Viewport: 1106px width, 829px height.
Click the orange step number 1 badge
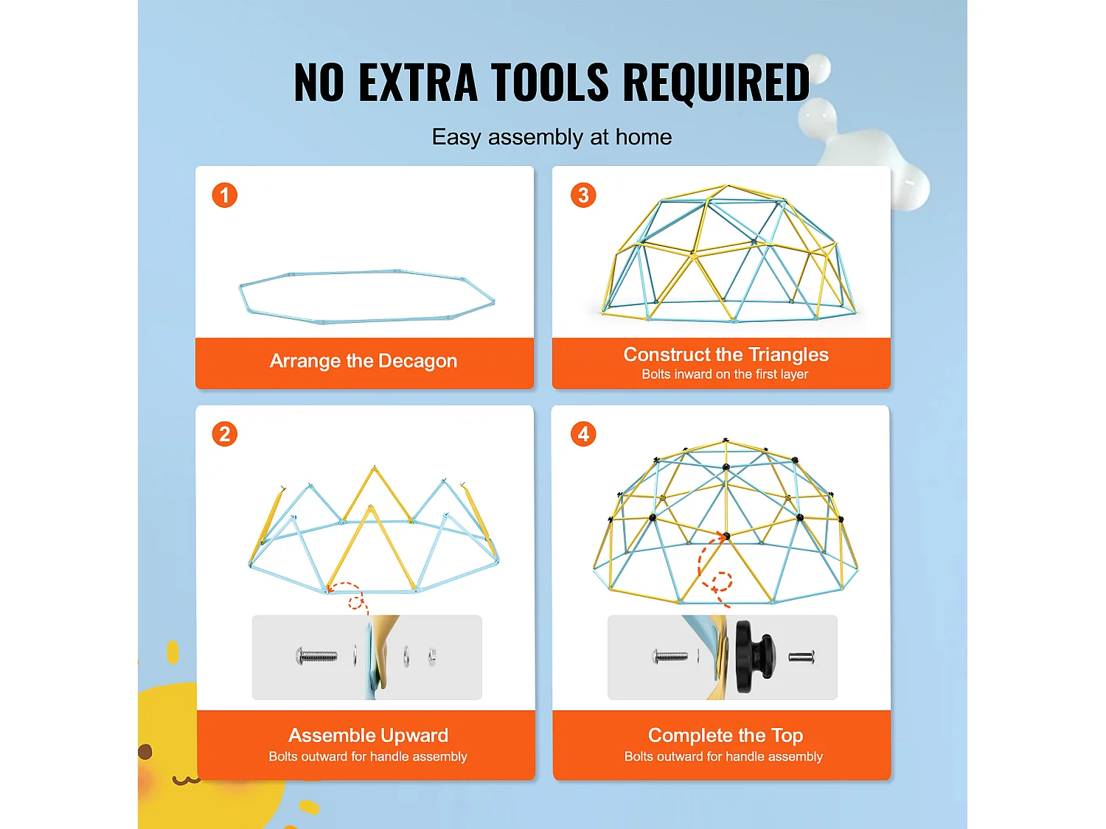click(x=224, y=195)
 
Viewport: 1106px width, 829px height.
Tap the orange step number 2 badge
click(x=224, y=434)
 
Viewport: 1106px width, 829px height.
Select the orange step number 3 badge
click(x=583, y=195)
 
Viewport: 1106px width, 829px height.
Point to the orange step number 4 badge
click(x=583, y=434)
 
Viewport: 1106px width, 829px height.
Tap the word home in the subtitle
click(x=644, y=137)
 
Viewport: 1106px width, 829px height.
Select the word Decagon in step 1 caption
click(x=417, y=361)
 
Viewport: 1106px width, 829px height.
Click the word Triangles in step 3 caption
click(x=788, y=354)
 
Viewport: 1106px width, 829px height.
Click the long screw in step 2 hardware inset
click(x=316, y=656)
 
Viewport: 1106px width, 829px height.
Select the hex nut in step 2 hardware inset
click(x=432, y=657)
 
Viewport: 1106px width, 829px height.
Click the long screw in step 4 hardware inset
click(x=669, y=657)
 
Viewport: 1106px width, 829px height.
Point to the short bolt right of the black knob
click(x=801, y=657)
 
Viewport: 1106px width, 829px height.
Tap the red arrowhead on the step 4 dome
click(x=722, y=537)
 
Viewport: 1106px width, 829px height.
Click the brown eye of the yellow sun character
click(x=145, y=752)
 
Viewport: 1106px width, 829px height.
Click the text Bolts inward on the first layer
click(x=725, y=374)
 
